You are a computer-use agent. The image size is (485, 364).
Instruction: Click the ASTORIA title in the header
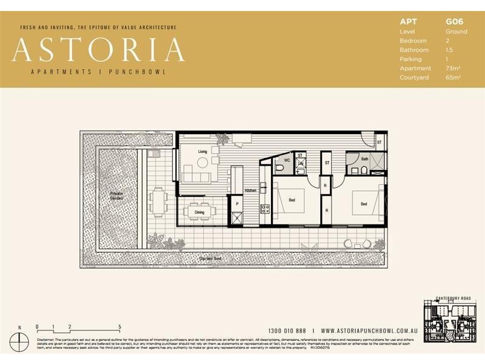98,50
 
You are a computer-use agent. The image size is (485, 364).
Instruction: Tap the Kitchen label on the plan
250,190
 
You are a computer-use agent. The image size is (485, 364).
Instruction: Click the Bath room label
364,159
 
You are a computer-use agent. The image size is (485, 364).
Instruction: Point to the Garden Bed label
210,259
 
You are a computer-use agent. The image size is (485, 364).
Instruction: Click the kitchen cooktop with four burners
265,209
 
